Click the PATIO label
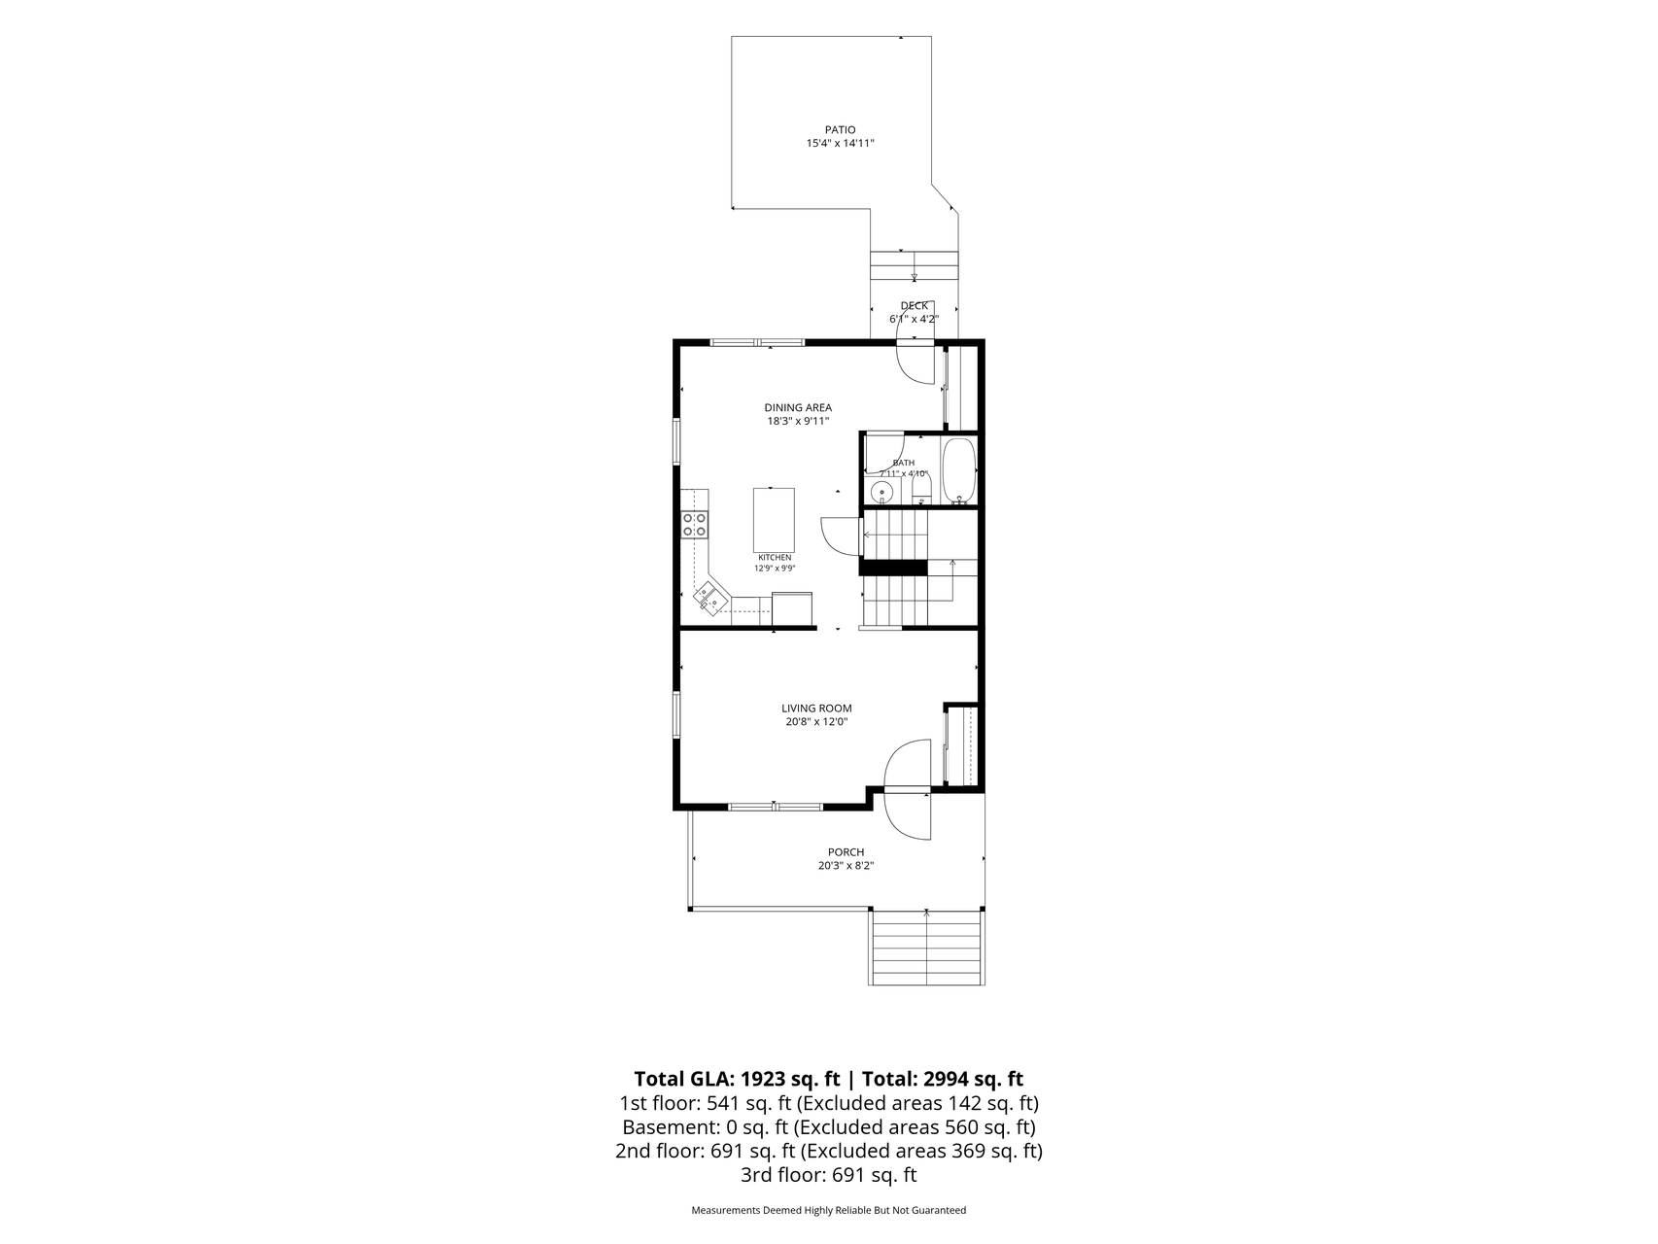click(840, 129)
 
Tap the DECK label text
click(914, 306)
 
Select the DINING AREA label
click(797, 408)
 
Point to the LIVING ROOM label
click(816, 708)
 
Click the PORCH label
click(846, 852)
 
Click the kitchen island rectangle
click(774, 519)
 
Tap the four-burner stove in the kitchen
click(695, 525)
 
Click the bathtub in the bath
click(959, 471)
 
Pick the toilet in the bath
click(921, 489)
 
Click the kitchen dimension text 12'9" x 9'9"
click(775, 568)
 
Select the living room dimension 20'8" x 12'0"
click(816, 722)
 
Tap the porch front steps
click(926, 948)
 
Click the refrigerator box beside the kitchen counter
click(791, 608)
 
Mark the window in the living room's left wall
click(677, 728)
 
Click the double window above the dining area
click(757, 342)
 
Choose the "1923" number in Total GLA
click(762, 1079)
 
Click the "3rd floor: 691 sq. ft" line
click(828, 1175)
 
